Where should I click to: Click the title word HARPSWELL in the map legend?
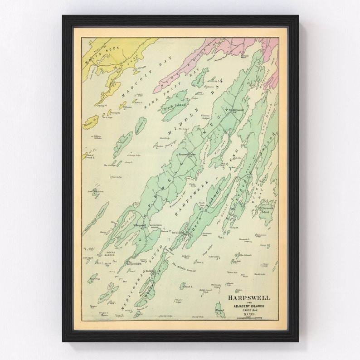(249, 298)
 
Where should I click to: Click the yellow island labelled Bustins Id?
(90, 122)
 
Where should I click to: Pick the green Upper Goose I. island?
(141, 126)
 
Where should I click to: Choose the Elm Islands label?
(245, 255)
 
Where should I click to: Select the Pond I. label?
(188, 287)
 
